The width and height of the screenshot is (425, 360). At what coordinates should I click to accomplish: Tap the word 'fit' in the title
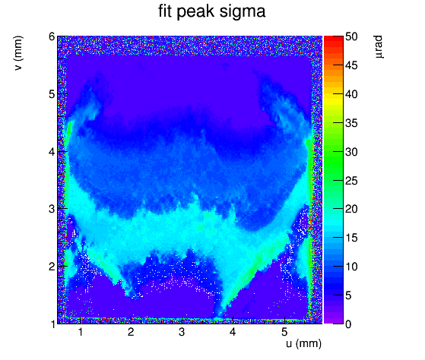(x=165, y=11)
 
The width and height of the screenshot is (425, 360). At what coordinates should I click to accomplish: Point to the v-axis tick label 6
(x=52, y=36)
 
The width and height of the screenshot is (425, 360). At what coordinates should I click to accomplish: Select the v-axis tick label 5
(x=52, y=94)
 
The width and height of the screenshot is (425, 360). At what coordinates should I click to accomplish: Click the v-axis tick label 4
(x=52, y=152)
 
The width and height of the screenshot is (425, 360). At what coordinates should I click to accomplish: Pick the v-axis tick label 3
(x=52, y=209)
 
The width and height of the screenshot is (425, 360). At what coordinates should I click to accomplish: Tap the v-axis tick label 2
(x=52, y=267)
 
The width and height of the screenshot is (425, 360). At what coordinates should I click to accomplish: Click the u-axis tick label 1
(x=81, y=332)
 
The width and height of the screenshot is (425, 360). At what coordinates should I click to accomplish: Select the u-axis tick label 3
(x=182, y=332)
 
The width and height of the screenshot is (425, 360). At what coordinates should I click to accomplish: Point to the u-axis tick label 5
(x=284, y=332)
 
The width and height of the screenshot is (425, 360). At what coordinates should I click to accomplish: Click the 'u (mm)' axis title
(x=303, y=344)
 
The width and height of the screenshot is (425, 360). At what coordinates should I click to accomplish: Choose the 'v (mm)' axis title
(x=18, y=53)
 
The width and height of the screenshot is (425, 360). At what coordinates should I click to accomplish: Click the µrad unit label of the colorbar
(x=379, y=46)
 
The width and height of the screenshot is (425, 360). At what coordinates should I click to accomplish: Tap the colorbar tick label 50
(x=351, y=36)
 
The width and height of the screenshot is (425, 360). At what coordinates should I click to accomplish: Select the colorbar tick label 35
(x=351, y=123)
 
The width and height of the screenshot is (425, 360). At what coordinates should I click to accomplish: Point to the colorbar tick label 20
(x=351, y=209)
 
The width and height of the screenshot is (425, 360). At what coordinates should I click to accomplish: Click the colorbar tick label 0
(x=348, y=324)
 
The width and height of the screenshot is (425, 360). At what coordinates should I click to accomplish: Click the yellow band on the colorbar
(x=334, y=99)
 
